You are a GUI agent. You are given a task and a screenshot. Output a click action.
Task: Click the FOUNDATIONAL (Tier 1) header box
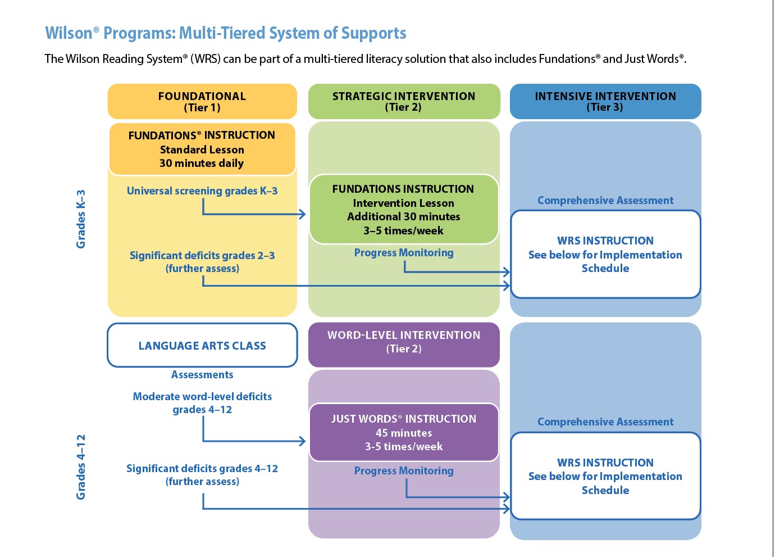coord(202,102)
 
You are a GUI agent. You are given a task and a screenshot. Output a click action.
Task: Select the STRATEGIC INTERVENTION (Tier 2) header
coord(404,102)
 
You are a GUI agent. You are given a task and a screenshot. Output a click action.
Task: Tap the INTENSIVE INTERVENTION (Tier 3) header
coord(605,102)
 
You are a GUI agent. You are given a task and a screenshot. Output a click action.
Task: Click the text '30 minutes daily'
coord(202,164)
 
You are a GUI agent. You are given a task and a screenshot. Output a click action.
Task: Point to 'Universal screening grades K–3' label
coord(202,191)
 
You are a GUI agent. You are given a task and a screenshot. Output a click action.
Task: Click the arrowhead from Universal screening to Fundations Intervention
coord(303,214)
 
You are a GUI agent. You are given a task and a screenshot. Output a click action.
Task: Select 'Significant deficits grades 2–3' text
coord(202,256)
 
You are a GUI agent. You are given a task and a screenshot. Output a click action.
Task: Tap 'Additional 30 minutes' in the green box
coord(403,217)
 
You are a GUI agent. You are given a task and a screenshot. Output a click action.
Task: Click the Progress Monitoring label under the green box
coord(404,253)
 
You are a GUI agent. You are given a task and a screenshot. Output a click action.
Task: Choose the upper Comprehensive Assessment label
coord(605,201)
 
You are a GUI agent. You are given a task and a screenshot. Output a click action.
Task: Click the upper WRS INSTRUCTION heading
coord(605,241)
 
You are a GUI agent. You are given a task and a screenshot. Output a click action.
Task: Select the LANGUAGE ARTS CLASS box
coord(202,346)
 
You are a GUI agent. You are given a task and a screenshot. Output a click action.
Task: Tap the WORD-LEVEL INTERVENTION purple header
coord(404,342)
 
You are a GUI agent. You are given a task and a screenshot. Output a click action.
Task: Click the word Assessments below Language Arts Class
coord(202,375)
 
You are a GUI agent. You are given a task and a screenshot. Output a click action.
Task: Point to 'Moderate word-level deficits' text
coord(202,397)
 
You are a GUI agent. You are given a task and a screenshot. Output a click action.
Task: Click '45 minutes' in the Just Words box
coord(404,433)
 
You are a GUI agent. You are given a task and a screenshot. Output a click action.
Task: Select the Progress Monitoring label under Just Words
coord(404,471)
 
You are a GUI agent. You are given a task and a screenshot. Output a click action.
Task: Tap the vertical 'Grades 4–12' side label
coord(81,467)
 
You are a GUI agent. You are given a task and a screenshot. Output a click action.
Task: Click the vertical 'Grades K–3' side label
coord(81,219)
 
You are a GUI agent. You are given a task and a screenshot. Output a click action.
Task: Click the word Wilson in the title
coord(69,33)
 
